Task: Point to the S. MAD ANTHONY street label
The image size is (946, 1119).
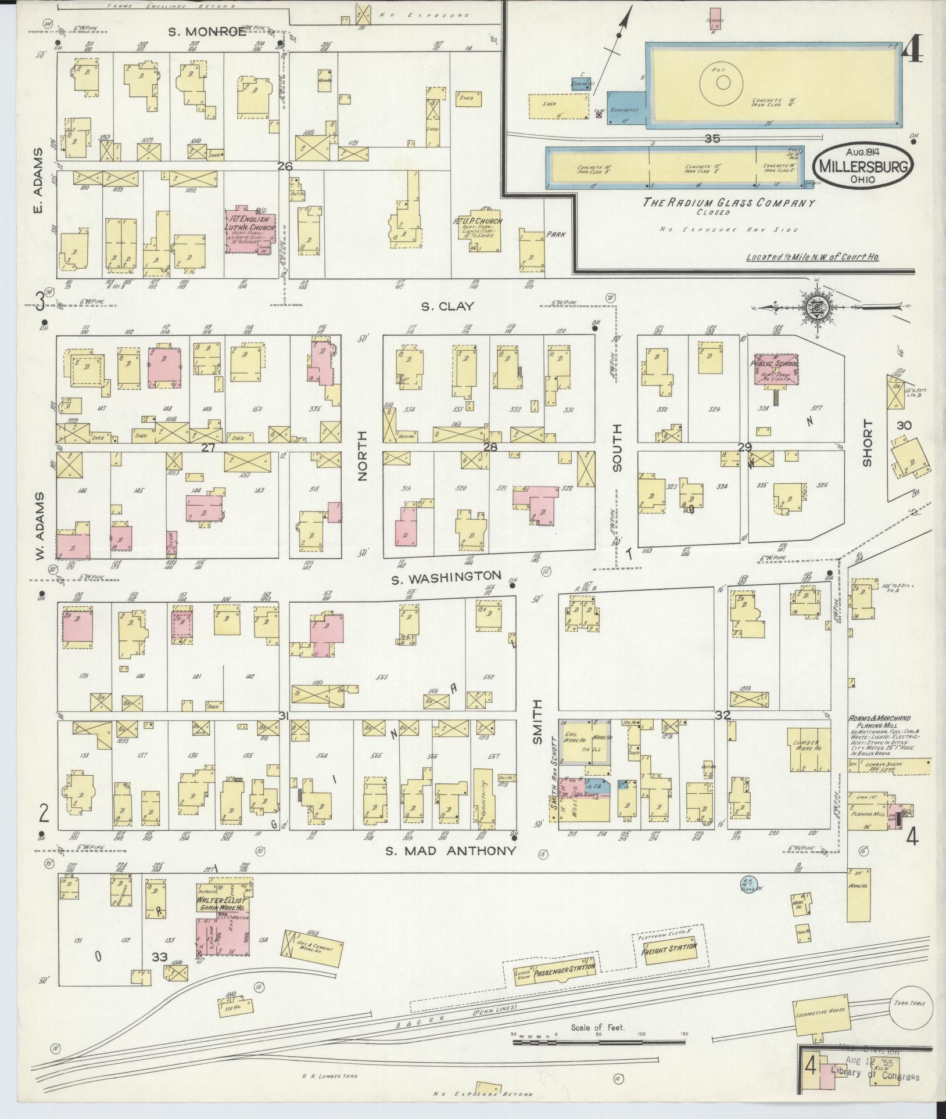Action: click(451, 851)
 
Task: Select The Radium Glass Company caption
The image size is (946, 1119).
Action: click(729, 203)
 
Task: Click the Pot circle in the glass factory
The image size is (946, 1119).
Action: click(723, 82)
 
